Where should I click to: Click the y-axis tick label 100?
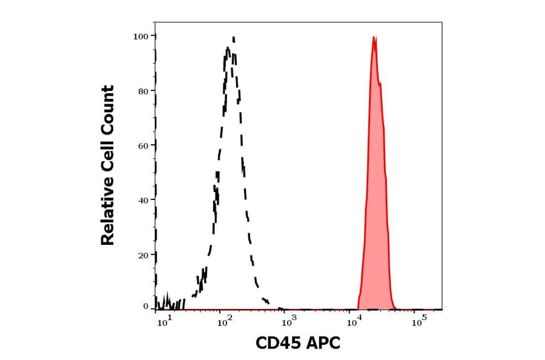click(141, 36)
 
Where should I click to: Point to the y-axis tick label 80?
click(143, 91)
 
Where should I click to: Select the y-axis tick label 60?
click(143, 145)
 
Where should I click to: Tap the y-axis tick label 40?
click(143, 200)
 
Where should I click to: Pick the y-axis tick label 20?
click(143, 255)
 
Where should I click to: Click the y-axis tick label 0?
click(145, 307)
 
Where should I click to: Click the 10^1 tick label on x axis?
click(164, 321)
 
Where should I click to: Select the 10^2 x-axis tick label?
click(226, 321)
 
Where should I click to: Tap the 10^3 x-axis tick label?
click(290, 321)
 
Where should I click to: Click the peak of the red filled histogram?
click(375, 38)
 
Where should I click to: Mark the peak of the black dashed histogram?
click(233, 38)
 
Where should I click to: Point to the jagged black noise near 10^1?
click(167, 303)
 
